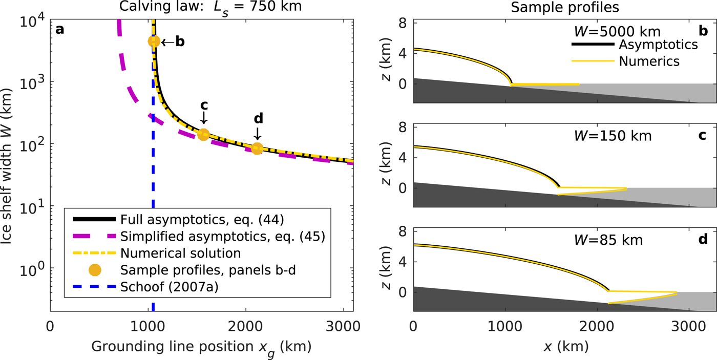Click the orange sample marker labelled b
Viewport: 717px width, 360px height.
(154, 41)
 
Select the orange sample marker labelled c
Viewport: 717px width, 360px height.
(203, 135)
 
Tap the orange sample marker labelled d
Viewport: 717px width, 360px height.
(257, 148)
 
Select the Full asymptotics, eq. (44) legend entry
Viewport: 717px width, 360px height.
(177, 220)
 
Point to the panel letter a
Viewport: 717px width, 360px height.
(60, 30)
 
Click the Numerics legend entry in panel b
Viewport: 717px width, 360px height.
(649, 61)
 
